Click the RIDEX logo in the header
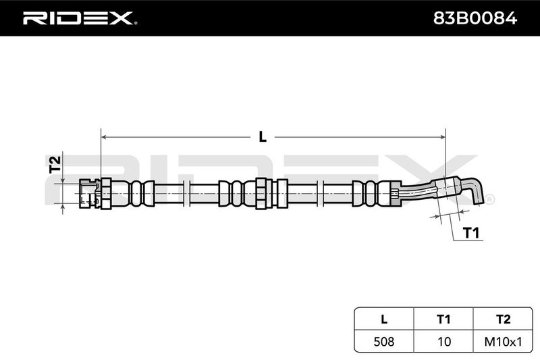80,18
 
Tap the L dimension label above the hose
263,137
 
